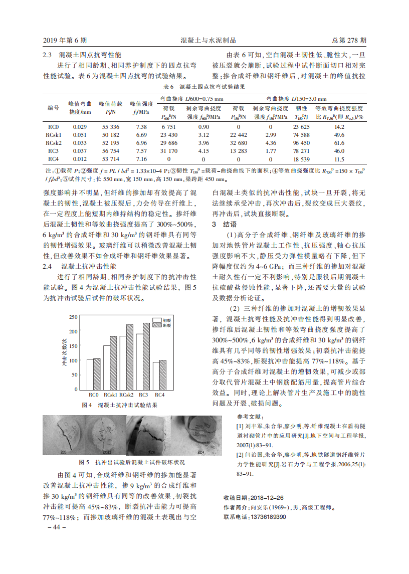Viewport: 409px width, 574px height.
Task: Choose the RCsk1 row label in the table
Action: pos(54,135)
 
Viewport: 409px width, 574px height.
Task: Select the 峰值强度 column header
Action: pos(141,107)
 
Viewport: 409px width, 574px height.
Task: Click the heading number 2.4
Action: pos(48,266)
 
